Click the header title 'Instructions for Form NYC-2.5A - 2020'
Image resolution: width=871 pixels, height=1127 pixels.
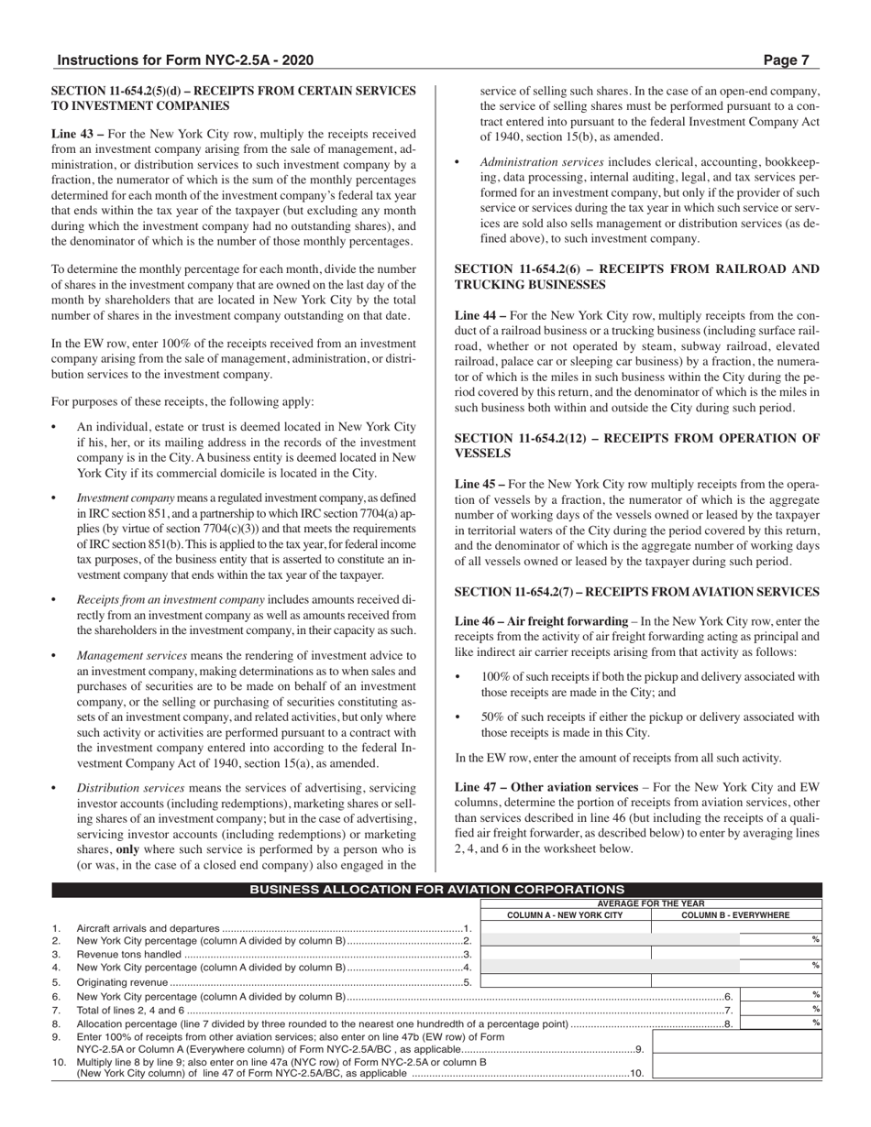[x=185, y=60]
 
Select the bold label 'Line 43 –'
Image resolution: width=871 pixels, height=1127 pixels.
[x=76, y=133]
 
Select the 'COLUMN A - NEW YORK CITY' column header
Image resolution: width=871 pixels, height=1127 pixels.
[x=565, y=914]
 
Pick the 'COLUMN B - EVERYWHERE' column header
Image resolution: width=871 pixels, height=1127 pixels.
[x=736, y=914]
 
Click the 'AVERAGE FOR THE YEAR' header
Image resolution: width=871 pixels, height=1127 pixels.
[x=650, y=903]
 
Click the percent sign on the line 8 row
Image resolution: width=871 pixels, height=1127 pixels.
[x=815, y=1023]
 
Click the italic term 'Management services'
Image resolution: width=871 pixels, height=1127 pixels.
[x=132, y=655]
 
